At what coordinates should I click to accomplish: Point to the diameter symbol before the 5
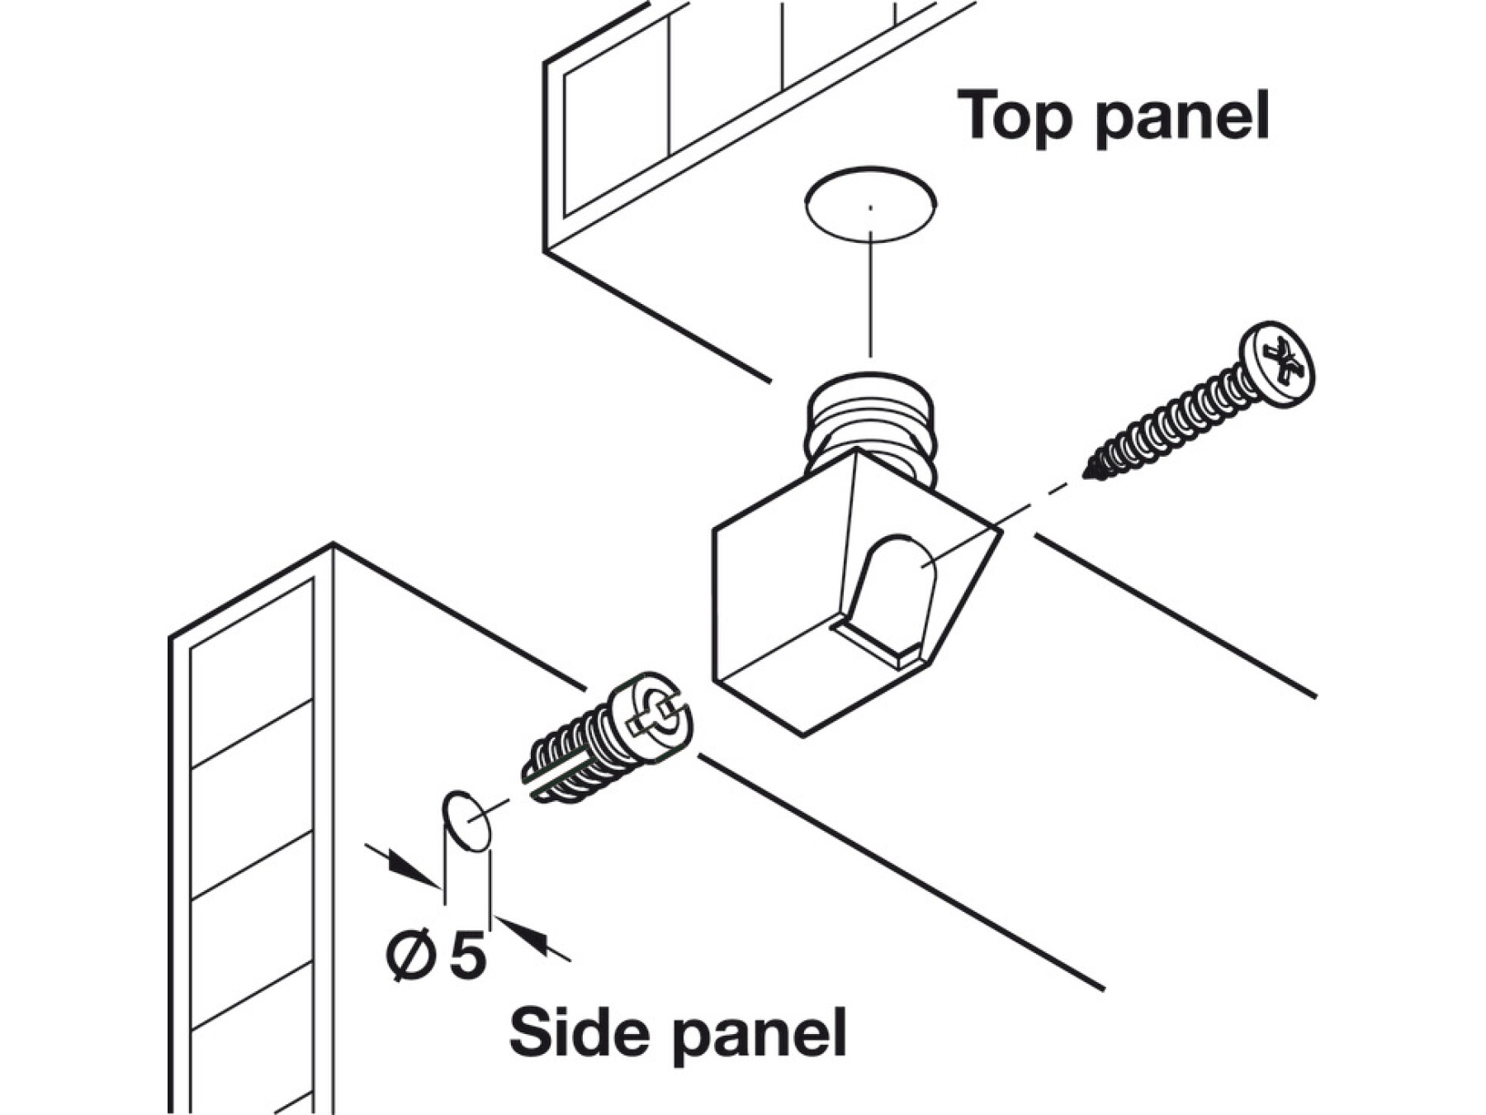[x=410, y=955]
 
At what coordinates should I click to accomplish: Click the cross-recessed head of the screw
[x=1279, y=363]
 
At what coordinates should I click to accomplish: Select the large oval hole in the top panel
[x=870, y=204]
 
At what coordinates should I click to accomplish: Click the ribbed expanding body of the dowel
[x=570, y=760]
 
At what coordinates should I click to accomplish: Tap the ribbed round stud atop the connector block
[x=870, y=421]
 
